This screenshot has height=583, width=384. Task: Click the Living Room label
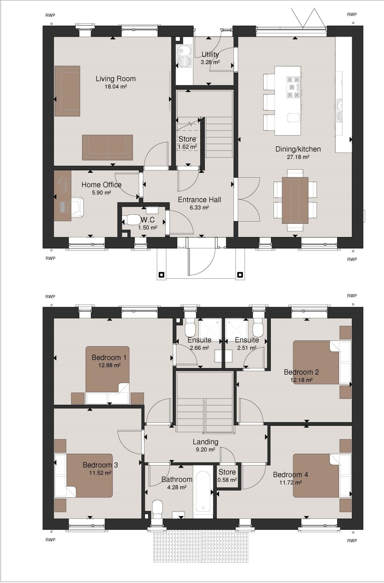tap(115, 79)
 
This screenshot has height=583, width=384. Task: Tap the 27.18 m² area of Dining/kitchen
tap(298, 157)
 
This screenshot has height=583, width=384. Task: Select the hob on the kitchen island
tap(293, 87)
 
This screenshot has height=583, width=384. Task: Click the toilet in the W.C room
tap(130, 220)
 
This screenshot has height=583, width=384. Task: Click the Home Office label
tap(101, 185)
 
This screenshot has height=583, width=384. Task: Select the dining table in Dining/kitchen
tap(295, 200)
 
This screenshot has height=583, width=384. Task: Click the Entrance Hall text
tap(199, 200)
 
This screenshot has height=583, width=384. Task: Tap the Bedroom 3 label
tap(100, 465)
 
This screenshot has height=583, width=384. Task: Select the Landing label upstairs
tap(205, 442)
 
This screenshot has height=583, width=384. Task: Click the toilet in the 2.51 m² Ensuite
tap(258, 329)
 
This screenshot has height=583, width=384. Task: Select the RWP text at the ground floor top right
tap(352, 14)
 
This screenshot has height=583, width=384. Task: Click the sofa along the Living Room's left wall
tap(67, 91)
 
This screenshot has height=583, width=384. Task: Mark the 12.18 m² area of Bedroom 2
tap(301, 380)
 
